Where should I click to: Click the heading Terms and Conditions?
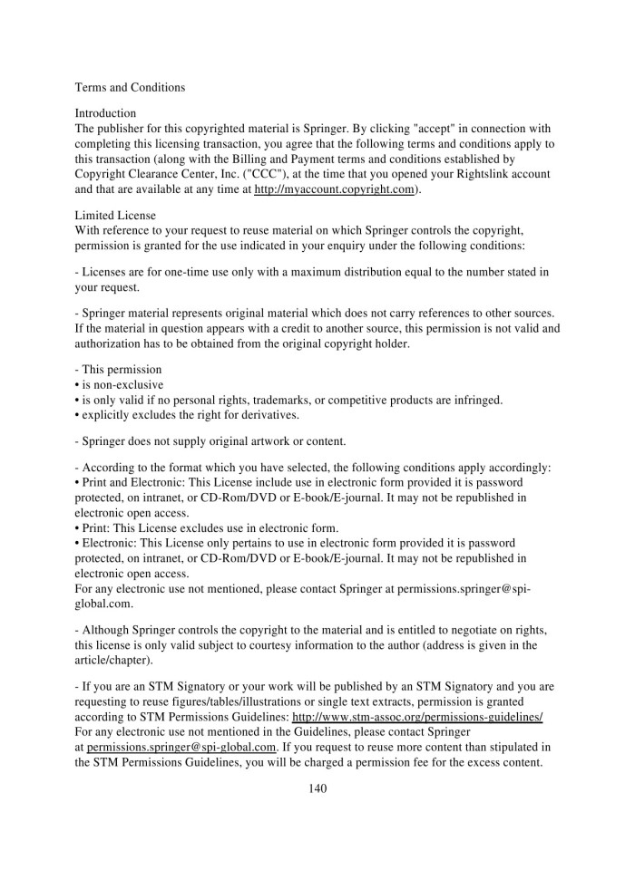pyautogui.click(x=130, y=88)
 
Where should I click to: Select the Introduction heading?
pyautogui.click(x=105, y=114)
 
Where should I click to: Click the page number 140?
pyautogui.click(x=317, y=788)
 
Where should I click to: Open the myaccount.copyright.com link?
pyautogui.click(x=335, y=189)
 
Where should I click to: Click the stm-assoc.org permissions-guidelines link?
pyautogui.click(x=417, y=716)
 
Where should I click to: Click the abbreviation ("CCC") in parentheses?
pyautogui.click(x=260, y=174)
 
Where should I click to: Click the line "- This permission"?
pyautogui.click(x=118, y=369)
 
